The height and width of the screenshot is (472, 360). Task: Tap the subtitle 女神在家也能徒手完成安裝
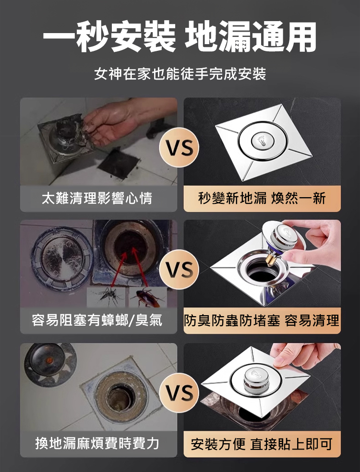(x=180, y=74)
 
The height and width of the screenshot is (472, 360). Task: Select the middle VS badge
(x=180, y=271)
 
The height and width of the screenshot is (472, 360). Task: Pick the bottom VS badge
(x=180, y=393)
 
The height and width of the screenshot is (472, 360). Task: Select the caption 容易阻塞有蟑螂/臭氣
(x=98, y=320)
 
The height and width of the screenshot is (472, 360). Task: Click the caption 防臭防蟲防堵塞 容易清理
(x=262, y=320)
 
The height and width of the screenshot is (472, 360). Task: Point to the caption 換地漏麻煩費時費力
(x=98, y=444)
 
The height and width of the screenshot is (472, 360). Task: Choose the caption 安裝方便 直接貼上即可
(x=262, y=444)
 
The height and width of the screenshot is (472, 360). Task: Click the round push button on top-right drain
(x=261, y=142)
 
